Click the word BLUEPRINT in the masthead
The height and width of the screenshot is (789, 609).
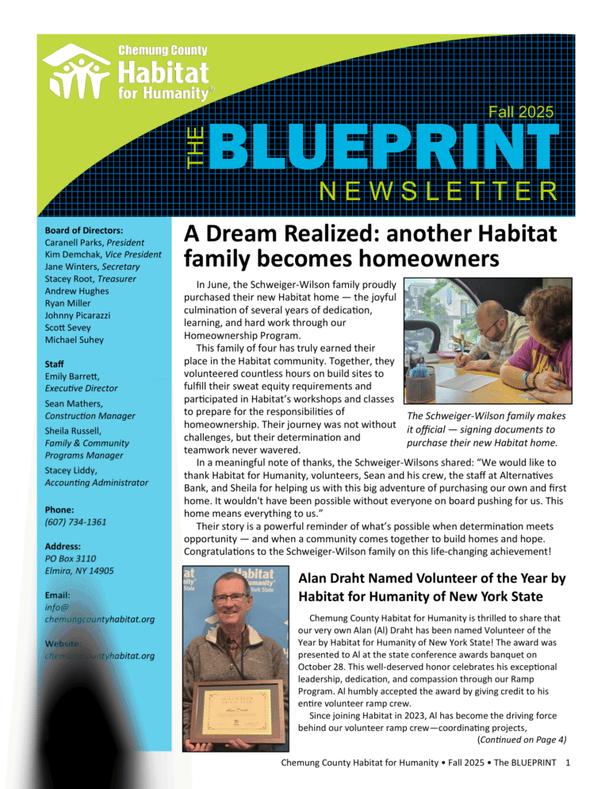tap(384, 150)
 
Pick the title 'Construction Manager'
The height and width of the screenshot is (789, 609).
tap(90, 416)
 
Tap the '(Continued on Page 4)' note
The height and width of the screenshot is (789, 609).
tap(522, 740)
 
